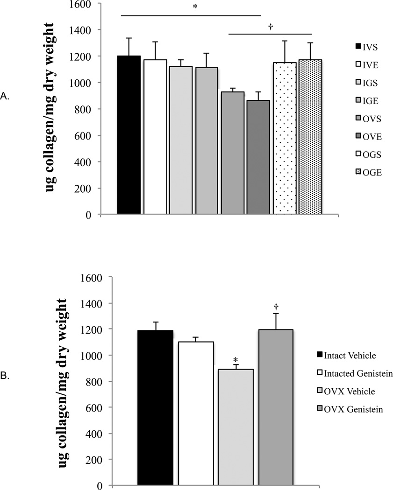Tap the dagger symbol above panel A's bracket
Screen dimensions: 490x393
[x=270, y=27]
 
